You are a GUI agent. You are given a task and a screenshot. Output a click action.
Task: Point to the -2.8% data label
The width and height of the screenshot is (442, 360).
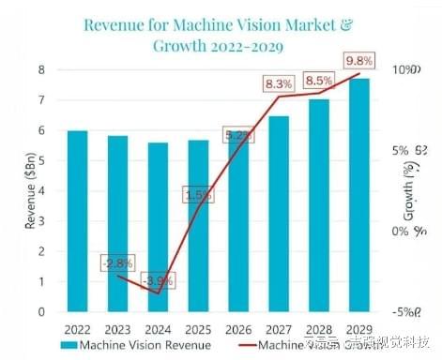(x=117, y=262)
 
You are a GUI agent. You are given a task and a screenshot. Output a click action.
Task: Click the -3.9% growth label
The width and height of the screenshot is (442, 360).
(x=156, y=280)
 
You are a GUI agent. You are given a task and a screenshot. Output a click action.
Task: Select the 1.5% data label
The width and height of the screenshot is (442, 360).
(x=198, y=195)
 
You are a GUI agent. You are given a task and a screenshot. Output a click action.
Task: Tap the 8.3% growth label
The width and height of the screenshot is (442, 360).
(x=278, y=84)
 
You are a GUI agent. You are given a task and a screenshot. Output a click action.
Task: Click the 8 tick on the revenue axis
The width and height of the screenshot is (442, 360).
(x=41, y=70)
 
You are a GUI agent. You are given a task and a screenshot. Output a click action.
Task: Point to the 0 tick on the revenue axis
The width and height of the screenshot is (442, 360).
(x=41, y=311)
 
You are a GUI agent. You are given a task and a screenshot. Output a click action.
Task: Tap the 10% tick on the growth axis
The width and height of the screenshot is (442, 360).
(x=404, y=71)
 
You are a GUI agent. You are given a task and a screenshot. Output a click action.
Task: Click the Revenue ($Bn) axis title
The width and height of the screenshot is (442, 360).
(x=15, y=192)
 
